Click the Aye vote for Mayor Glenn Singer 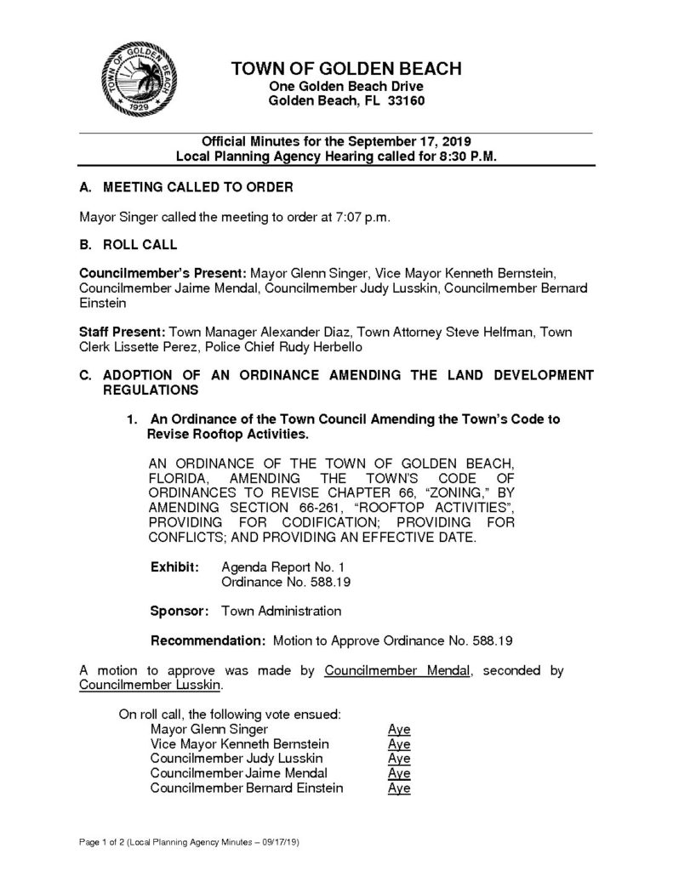coord(399,729)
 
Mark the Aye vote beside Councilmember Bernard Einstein coord(399,788)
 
